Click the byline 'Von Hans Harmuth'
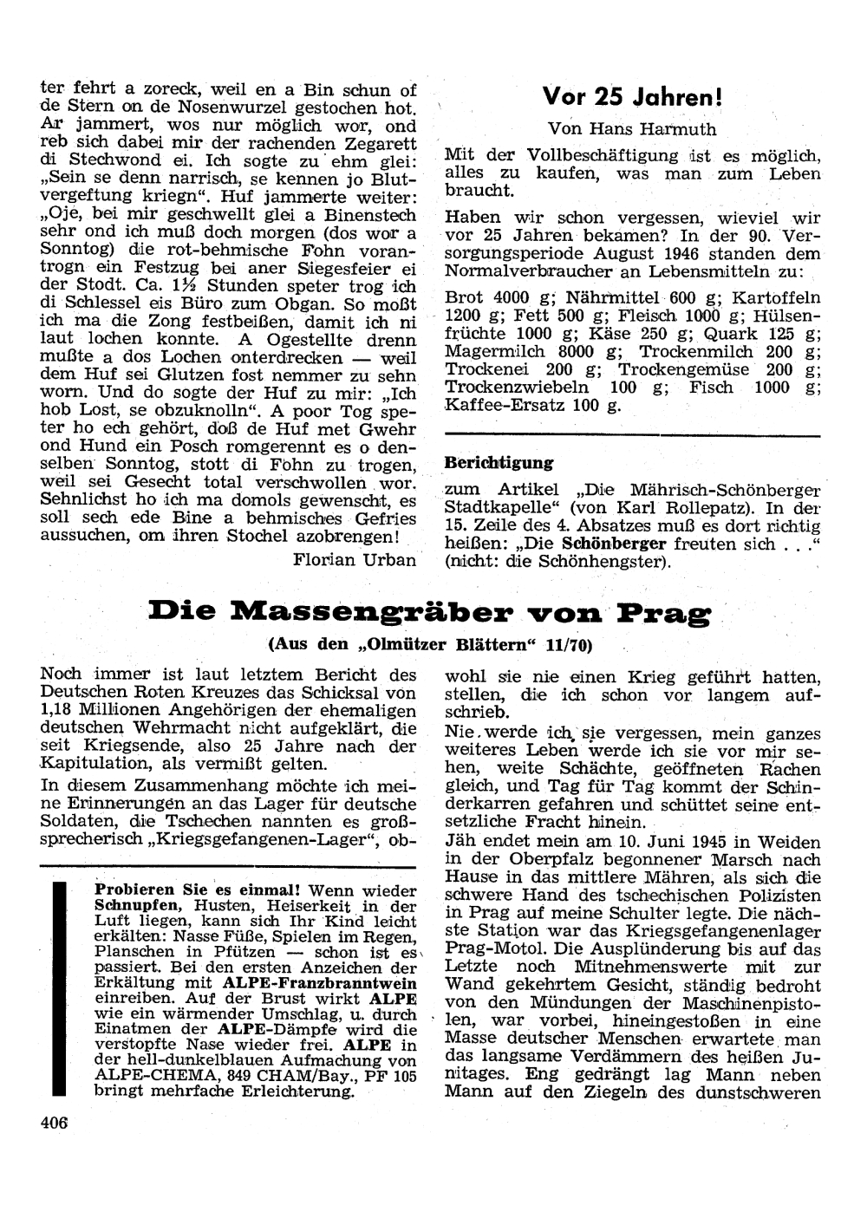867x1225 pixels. coord(632,129)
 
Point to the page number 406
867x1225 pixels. coord(54,1122)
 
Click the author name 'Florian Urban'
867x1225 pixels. coord(355,559)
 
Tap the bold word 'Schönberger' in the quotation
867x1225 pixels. coord(614,544)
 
